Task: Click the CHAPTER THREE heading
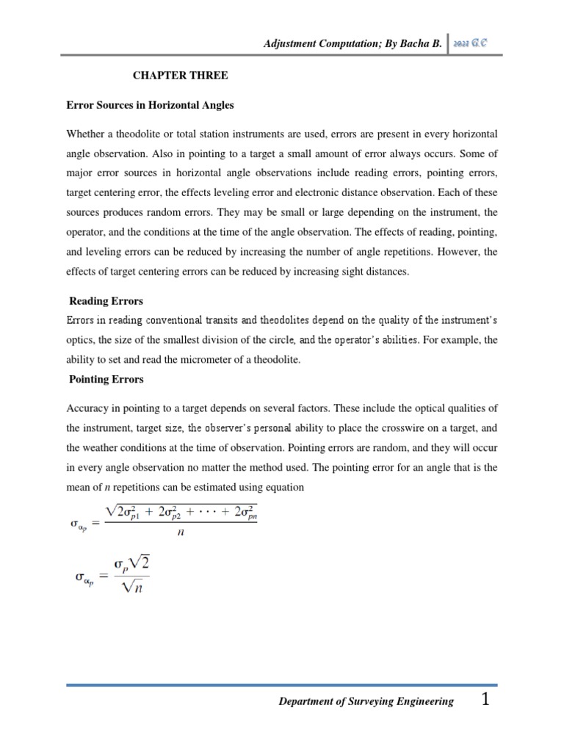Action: pos(180,75)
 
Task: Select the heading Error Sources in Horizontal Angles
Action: pos(150,105)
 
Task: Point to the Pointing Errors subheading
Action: pos(106,380)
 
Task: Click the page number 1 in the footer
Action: pos(485,700)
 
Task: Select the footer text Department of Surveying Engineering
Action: pos(366,702)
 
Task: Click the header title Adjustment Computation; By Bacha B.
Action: pos(352,44)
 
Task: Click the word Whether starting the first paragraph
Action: pos(87,134)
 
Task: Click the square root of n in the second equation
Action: pos(133,587)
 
